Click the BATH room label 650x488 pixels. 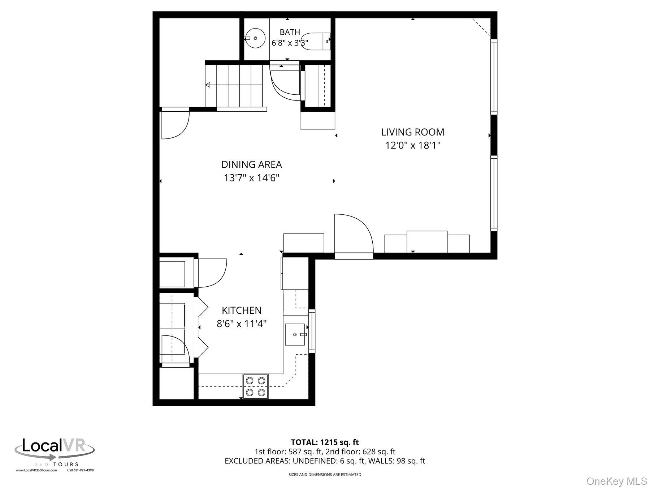(290, 33)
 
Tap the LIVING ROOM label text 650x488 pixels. (413, 132)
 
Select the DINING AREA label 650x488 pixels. (251, 165)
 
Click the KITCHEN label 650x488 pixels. (242, 311)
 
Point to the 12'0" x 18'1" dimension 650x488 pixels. (413, 145)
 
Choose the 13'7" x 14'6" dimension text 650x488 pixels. (252, 178)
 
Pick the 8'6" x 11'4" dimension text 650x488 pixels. (242, 324)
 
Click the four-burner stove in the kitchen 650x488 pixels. (256, 386)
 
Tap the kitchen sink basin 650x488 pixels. (295, 334)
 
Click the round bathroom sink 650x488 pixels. (256, 38)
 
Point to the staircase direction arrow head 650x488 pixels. (208, 85)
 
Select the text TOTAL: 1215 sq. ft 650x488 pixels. (325, 442)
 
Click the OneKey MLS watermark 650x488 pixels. (617, 481)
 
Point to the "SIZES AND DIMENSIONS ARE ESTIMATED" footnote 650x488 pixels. (325, 475)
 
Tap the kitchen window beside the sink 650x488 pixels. (312, 331)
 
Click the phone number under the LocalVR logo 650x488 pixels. (81, 470)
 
